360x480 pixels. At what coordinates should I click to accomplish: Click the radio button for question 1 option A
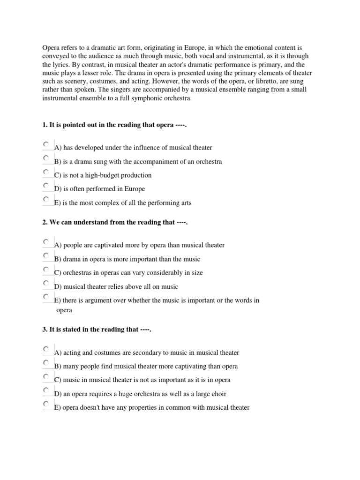point(45,144)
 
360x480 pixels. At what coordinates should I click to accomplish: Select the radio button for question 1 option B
point(45,158)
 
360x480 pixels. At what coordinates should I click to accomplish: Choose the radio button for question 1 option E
point(45,199)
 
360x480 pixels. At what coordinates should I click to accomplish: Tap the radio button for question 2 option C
point(45,269)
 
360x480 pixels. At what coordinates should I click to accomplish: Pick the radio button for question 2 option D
point(45,283)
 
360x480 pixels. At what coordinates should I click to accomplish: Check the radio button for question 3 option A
point(45,349)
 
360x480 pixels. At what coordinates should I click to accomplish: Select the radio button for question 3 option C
point(45,376)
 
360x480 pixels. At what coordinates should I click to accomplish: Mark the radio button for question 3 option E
point(45,404)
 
